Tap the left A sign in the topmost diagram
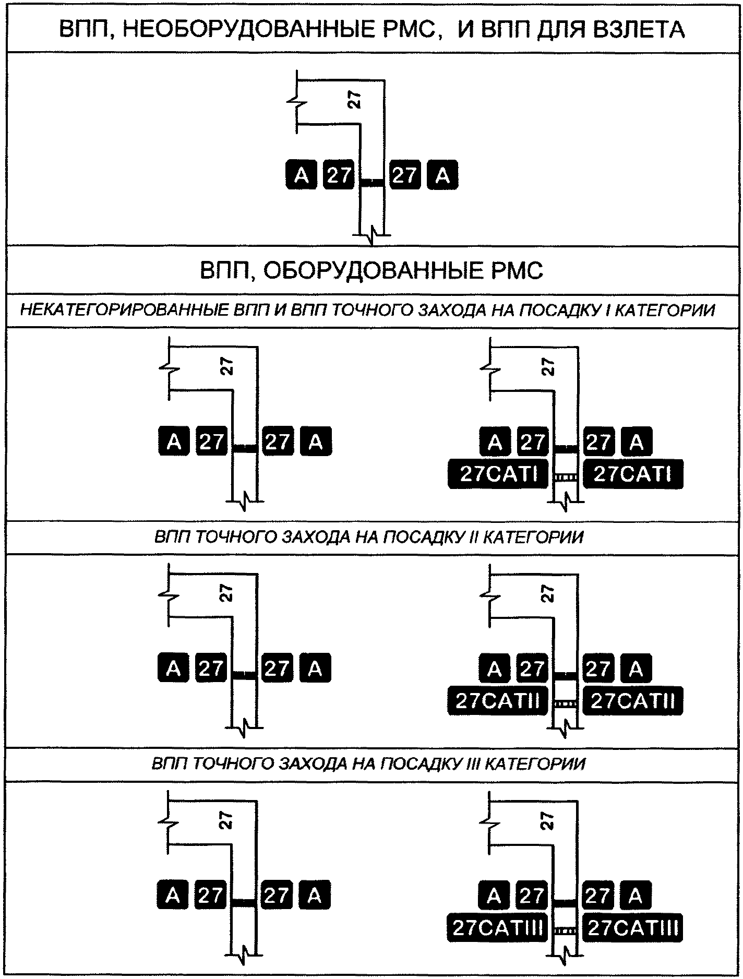coord(301,175)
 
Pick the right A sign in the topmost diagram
coord(442,175)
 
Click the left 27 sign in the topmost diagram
coord(339,175)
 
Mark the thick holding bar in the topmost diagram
coord(373,182)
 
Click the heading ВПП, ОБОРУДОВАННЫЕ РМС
coord(371,270)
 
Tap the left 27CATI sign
coord(498,474)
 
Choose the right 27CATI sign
coord(632,474)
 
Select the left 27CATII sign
coord(497,701)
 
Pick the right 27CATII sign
coord(632,701)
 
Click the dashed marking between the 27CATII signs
coord(566,704)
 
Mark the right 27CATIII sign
coord(632,928)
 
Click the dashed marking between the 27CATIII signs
coord(566,930)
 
